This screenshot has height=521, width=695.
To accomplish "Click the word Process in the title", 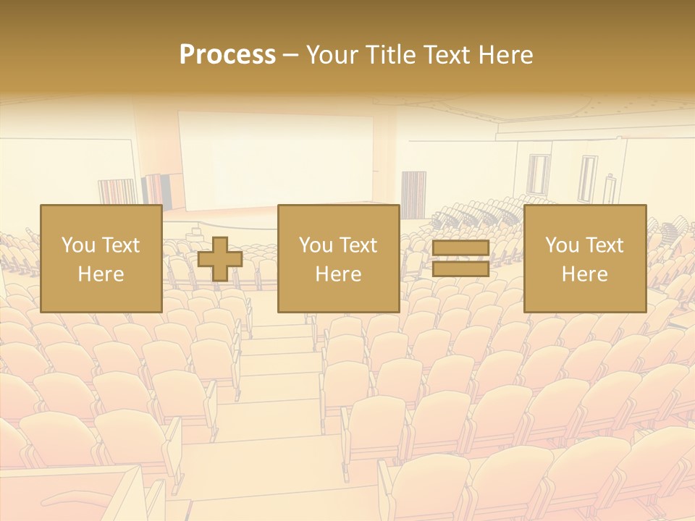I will (x=227, y=55).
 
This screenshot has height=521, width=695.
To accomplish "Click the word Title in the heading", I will (x=388, y=55).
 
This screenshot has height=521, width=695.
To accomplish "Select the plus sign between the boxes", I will (x=220, y=259).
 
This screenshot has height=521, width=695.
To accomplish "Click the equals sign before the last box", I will (x=460, y=259).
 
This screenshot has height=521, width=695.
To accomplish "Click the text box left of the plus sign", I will (x=101, y=259).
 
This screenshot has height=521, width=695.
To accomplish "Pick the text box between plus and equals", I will (x=338, y=259).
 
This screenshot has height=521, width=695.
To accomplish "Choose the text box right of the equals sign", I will (x=584, y=259).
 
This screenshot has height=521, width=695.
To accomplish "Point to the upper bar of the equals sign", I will (x=460, y=249).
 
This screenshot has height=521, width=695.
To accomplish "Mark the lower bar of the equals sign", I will (x=460, y=268).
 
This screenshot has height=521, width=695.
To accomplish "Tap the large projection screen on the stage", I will (x=276, y=159).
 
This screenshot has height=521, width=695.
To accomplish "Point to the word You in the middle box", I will (x=316, y=245).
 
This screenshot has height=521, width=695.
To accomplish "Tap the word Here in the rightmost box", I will (x=584, y=274).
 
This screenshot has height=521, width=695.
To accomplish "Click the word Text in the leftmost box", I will (x=121, y=245).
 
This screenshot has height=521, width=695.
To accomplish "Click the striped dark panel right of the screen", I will (x=413, y=194).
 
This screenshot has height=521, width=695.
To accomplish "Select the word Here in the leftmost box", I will (x=101, y=274).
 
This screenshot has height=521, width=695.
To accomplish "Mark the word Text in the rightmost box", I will (x=605, y=245).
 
